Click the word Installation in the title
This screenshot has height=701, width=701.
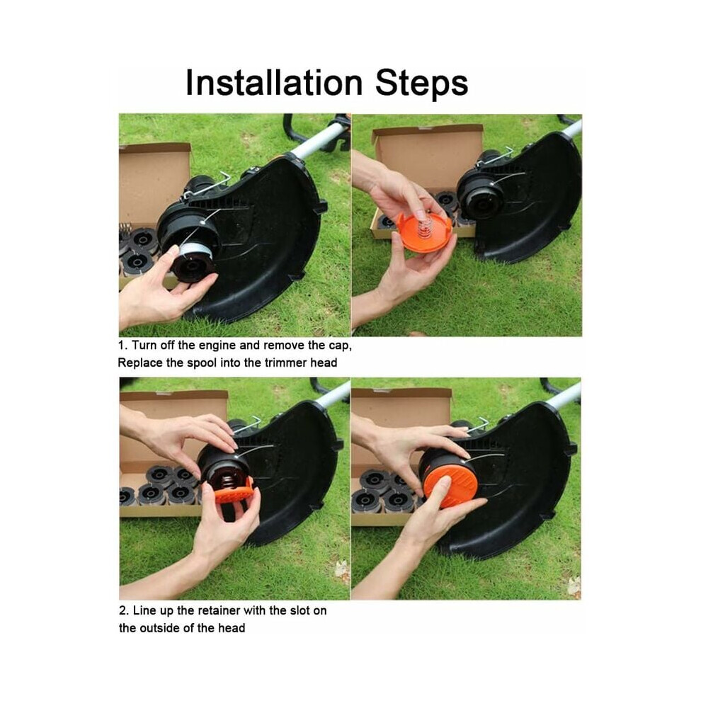(x=274, y=83)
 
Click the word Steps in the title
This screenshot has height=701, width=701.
(x=421, y=84)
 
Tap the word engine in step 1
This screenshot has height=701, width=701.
(x=217, y=346)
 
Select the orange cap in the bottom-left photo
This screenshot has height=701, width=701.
(x=234, y=493)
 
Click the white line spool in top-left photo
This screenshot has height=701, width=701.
(x=195, y=247)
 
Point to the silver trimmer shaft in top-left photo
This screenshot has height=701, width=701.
(x=319, y=139)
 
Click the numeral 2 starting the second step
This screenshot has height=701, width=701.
(x=122, y=610)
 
